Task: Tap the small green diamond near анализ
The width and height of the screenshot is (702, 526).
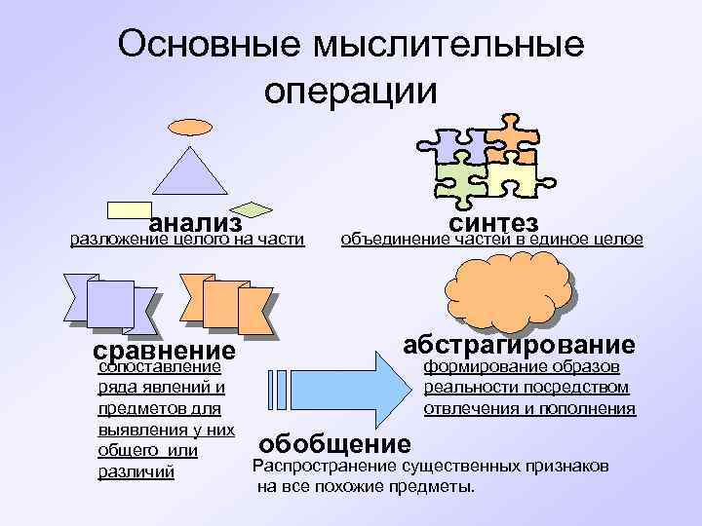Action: click(x=254, y=207)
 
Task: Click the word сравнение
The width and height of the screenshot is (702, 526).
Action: click(x=163, y=350)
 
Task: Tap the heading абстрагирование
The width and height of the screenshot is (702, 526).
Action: click(x=520, y=345)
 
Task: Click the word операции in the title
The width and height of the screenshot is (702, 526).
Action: click(x=351, y=90)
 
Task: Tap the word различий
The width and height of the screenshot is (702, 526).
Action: click(x=136, y=472)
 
